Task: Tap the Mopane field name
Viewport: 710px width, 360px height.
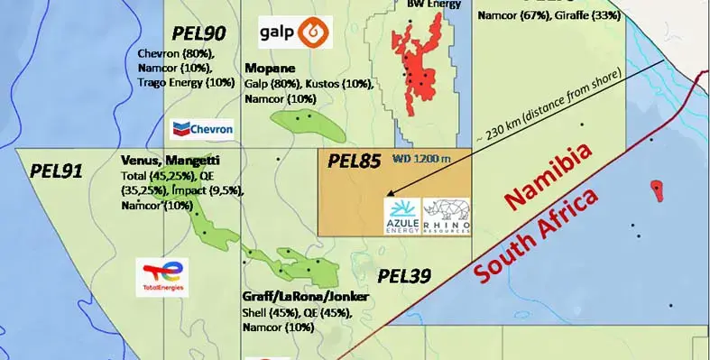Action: [267, 68]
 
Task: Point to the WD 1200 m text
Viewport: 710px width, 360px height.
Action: [421, 159]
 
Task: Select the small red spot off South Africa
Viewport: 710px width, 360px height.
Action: [656, 189]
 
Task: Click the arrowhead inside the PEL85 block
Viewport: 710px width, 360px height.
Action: [389, 192]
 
